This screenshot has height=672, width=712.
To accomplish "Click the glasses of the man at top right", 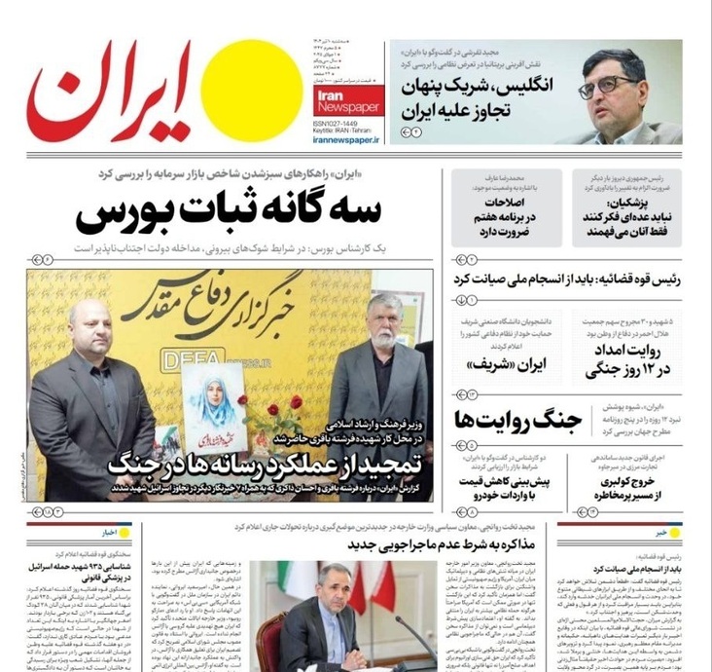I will tap(615, 85).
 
